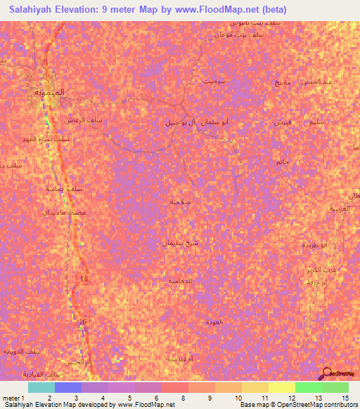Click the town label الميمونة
pyautogui.click(x=51, y=92)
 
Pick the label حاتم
pyautogui.click(x=283, y=162)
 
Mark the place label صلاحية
pyautogui.click(x=200, y=202)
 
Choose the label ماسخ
pyautogui.click(x=283, y=82)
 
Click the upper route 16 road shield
pyautogui.click(x=84, y=280)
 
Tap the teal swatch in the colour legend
pyautogui.click(x=41, y=387)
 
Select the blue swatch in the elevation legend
pyautogui.click(x=68, y=387)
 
